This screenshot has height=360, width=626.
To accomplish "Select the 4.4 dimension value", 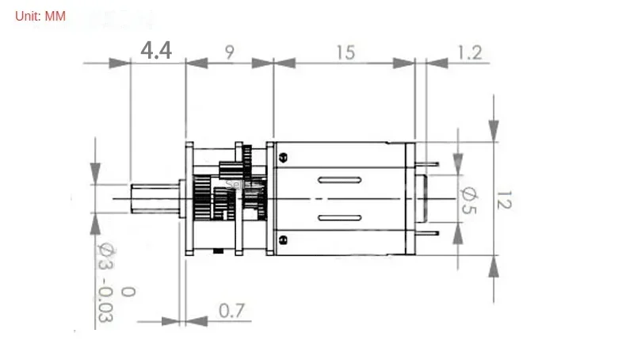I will (x=156, y=51).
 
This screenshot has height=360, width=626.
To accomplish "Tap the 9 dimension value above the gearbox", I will (x=230, y=52).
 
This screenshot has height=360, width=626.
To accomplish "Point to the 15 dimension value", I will (x=345, y=52).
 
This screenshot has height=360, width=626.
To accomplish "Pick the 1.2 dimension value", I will (x=470, y=52).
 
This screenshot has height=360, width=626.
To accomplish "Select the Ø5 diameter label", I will (x=468, y=198).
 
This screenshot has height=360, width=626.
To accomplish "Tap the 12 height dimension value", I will (x=502, y=198).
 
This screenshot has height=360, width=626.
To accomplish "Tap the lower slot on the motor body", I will (x=339, y=216).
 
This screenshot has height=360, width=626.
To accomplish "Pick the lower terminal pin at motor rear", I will (x=428, y=234).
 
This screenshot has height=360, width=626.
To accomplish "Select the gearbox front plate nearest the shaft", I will (x=189, y=198).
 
